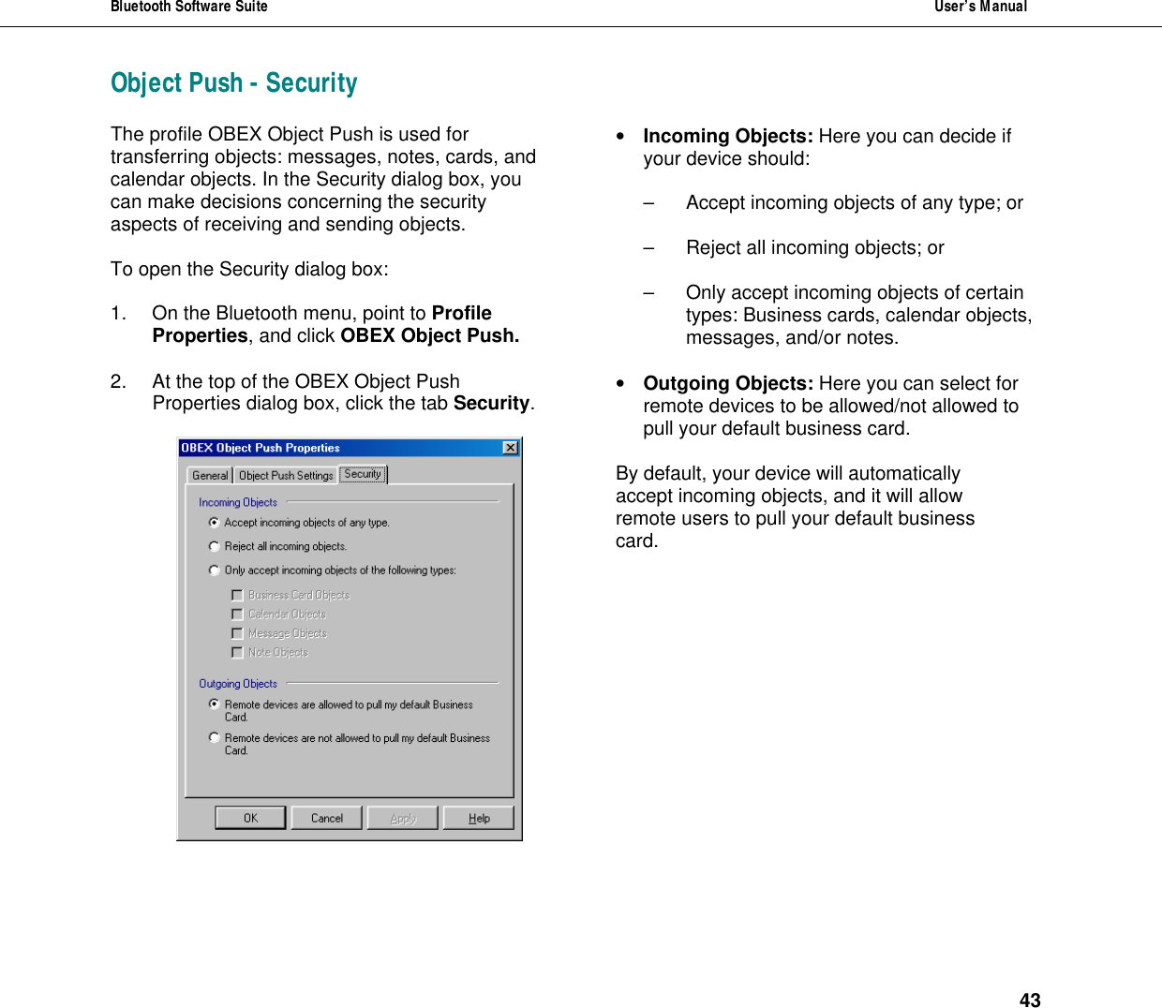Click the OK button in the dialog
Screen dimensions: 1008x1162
tap(250, 818)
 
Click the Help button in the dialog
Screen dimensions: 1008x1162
tap(479, 818)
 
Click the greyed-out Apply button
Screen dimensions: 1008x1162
tap(403, 818)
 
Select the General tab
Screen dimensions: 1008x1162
tap(210, 475)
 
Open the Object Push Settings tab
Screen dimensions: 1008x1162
tap(286, 475)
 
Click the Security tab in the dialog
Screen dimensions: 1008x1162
tap(363, 474)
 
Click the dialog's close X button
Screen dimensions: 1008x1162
tap(511, 448)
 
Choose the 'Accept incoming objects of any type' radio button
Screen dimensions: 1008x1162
tap(215, 523)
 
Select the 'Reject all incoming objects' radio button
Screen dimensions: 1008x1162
tap(215, 546)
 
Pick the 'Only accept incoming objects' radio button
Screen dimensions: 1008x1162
tap(215, 570)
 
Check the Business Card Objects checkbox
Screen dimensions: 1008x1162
tap(237, 595)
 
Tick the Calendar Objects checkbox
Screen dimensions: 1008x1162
tap(237, 615)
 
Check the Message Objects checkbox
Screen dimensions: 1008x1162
tap(237, 633)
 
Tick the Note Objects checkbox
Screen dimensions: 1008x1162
tap(237, 653)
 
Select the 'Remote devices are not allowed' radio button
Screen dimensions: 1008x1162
tap(215, 738)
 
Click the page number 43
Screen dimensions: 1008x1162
tap(1030, 1001)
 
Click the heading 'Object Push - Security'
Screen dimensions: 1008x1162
tap(234, 83)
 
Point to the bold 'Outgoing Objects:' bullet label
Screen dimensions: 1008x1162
tap(727, 383)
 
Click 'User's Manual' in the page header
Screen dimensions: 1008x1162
tap(980, 7)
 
